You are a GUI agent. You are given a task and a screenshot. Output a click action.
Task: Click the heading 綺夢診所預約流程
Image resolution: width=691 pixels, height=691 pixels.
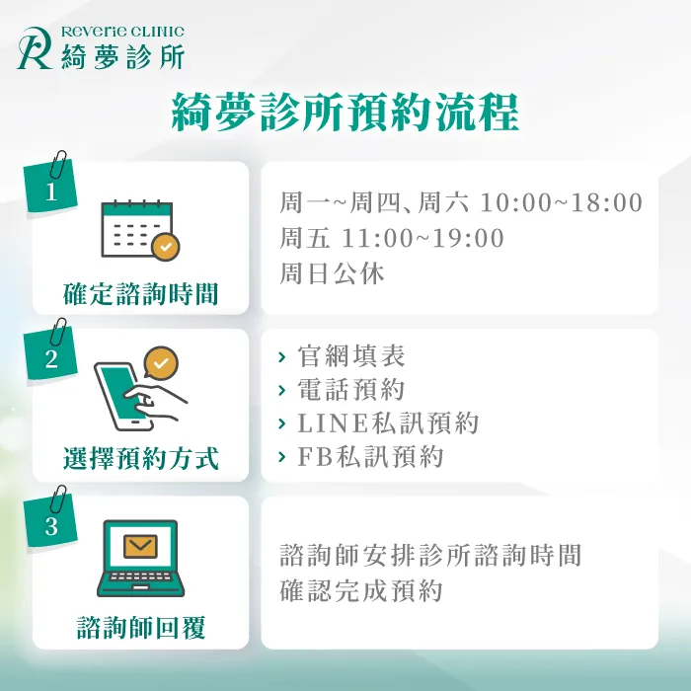[345, 114]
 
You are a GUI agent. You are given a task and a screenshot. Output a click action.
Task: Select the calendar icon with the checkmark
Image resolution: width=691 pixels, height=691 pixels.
[140, 230]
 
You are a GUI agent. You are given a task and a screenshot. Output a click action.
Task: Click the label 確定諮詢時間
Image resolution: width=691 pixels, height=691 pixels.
[140, 293]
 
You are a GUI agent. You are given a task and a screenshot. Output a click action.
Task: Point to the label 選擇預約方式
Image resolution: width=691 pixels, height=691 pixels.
[140, 459]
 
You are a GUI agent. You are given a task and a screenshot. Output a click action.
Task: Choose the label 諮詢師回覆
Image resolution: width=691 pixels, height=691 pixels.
[140, 627]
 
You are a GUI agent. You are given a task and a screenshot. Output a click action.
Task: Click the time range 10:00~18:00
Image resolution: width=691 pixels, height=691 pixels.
[561, 203]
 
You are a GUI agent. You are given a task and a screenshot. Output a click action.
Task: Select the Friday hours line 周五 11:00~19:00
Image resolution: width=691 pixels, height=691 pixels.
[392, 238]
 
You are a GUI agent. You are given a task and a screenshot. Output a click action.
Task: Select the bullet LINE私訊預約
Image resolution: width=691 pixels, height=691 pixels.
[387, 423]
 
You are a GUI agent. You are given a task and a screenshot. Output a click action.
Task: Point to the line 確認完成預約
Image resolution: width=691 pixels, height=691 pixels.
[360, 590]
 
